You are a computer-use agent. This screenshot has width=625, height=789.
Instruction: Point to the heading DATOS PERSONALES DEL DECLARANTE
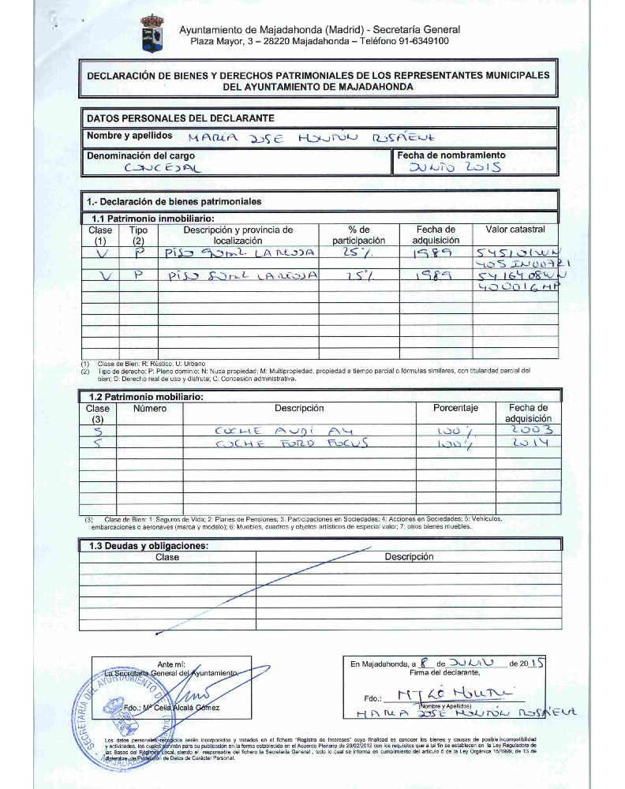pos(180,118)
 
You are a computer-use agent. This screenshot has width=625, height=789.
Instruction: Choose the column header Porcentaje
pos(455,409)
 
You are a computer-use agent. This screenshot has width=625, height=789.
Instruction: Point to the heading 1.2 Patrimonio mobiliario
pos(147,396)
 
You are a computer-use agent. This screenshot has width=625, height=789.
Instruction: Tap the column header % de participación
pos(358,234)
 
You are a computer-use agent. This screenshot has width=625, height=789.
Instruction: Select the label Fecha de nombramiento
pos(451,155)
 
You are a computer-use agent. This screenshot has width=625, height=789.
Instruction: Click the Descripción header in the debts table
pos(409,556)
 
